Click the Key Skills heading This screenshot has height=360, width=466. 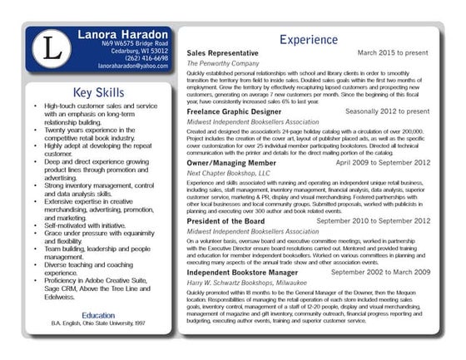99,92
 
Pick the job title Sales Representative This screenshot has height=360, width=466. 223,53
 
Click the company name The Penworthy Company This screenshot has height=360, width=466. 220,63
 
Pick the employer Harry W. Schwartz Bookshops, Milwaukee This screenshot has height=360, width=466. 247,284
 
